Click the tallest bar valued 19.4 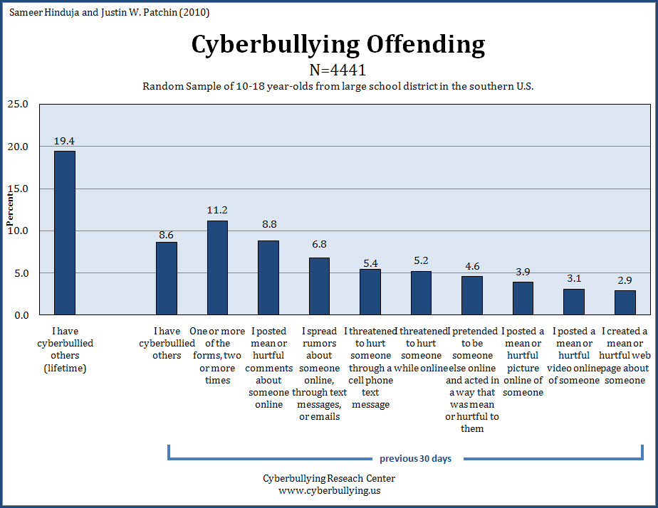pos(65,233)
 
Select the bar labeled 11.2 pos(217,268)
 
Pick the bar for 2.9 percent pos(625,302)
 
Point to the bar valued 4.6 pos(471,295)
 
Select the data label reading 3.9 pos(523,271)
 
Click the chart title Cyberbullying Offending pos(338,45)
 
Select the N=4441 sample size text pos(338,70)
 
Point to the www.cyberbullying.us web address pos(328,490)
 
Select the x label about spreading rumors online pos(319,374)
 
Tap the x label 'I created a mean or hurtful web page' pos(625,355)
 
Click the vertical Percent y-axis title pos(10,210)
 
